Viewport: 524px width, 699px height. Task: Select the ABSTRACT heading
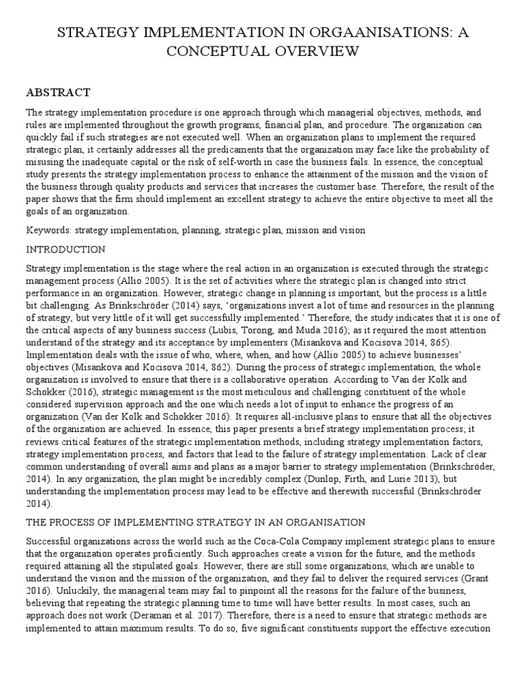tap(58, 92)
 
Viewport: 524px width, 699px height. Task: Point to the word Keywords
tap(48, 231)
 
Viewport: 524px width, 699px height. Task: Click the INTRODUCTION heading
tap(65, 249)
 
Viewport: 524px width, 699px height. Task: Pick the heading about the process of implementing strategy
tap(196, 522)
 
